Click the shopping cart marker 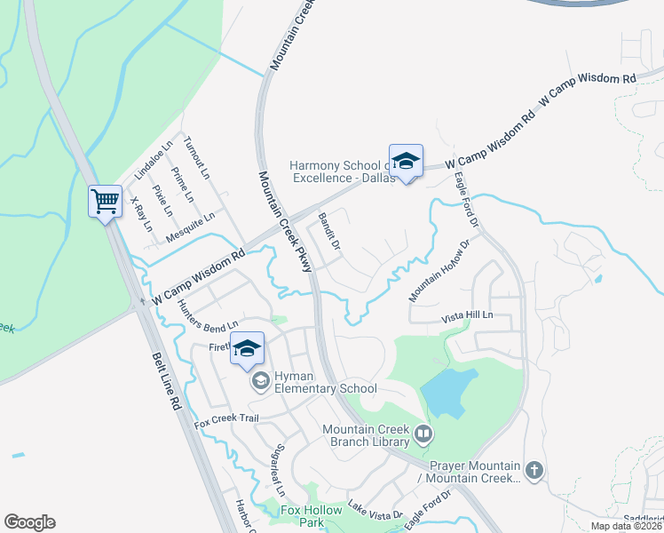pyautogui.click(x=105, y=202)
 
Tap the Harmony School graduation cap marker pyautogui.click(x=406, y=162)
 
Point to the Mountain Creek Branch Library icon pyautogui.click(x=423, y=434)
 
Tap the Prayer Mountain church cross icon pyautogui.click(x=534, y=470)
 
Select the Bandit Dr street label pyautogui.click(x=329, y=230)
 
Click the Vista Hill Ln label pyautogui.click(x=467, y=317)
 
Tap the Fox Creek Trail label pyautogui.click(x=226, y=419)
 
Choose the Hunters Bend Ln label pyautogui.click(x=209, y=315)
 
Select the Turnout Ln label pyautogui.click(x=195, y=157)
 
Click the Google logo pyautogui.click(x=29, y=522)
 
